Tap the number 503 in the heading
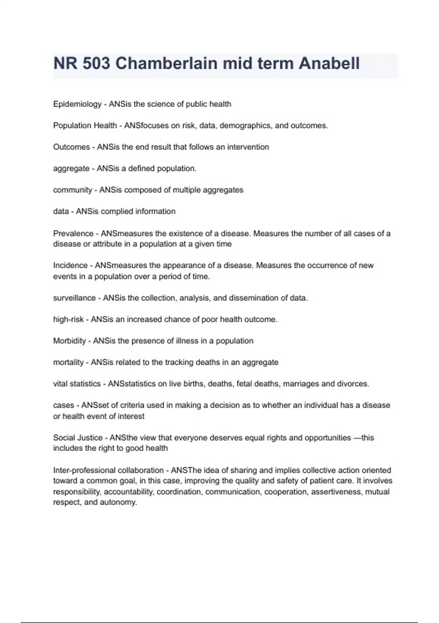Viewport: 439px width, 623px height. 96,63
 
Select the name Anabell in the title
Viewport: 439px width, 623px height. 329,63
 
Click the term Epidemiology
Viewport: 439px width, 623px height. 77,104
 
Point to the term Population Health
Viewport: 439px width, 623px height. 85,125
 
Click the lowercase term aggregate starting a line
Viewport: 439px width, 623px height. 71,169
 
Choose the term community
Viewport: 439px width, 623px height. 72,190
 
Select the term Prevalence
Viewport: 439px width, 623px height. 73,233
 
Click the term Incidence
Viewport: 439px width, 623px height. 70,265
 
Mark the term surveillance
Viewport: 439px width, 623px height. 74,298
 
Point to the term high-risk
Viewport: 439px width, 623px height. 68,320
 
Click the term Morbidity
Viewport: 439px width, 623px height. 70,341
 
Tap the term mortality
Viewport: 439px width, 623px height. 68,362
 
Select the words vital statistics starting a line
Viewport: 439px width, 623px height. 77,384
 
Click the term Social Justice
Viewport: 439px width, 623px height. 78,438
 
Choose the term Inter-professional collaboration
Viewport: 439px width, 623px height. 108,470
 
